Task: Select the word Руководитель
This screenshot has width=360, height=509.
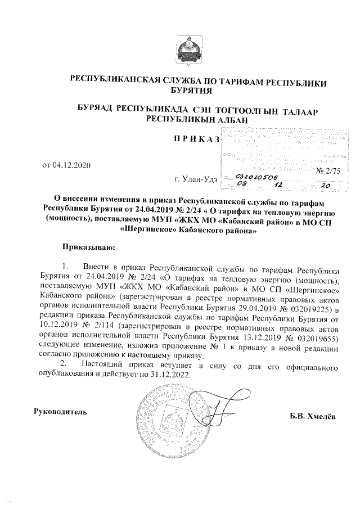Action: point(61,412)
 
